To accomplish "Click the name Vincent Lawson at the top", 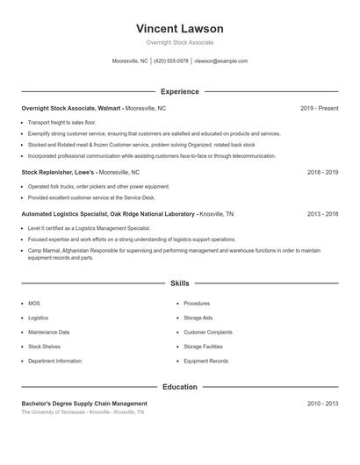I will [179, 29].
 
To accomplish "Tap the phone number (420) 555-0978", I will [171, 61].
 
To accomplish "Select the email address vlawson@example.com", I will [220, 61].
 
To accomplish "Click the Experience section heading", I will [179, 91].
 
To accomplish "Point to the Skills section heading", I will [179, 283].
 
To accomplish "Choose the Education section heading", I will [179, 387].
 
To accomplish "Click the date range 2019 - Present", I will [319, 108].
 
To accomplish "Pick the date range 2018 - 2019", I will [322, 173].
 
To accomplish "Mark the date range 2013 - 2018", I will [322, 213].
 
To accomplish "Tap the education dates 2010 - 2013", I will [322, 404].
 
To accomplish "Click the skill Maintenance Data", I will [48, 333].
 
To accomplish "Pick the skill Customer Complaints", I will [208, 333].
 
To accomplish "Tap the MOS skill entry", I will [33, 304].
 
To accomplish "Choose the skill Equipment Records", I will [205, 361].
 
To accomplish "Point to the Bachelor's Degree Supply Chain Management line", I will [84, 404].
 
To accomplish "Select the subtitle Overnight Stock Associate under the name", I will [179, 42].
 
